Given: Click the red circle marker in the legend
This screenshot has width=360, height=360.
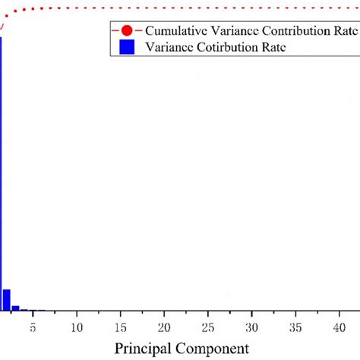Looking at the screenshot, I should (125, 32).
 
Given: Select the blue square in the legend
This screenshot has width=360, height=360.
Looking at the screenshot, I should (126, 46).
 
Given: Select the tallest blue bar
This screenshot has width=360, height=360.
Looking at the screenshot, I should (2, 175).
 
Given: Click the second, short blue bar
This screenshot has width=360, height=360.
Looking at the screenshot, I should (7, 300).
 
